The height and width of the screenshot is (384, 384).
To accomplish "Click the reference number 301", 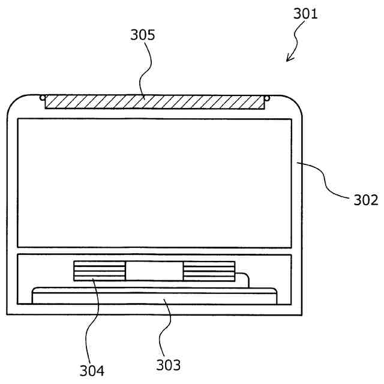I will pyautogui.click(x=306, y=13).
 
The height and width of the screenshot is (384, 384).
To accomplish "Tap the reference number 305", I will pyautogui.click(x=143, y=35).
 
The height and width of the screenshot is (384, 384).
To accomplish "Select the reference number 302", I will pyautogui.click(x=366, y=199).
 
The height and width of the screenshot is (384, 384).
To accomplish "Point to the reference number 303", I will pyautogui.click(x=168, y=364).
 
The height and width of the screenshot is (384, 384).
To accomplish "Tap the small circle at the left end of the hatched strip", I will pyautogui.click(x=42, y=97).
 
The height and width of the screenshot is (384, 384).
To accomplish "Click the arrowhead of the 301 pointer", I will pyautogui.click(x=289, y=58).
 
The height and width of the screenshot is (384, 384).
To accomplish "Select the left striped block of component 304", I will pyautogui.click(x=99, y=271).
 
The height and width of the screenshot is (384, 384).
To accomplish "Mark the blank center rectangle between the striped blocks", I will pyautogui.click(x=154, y=271).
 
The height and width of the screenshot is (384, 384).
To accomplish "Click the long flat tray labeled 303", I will pyautogui.click(x=155, y=296).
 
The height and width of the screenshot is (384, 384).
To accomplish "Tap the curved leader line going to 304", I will pyautogui.click(x=88, y=318).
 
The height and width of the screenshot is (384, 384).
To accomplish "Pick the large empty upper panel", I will pyautogui.click(x=154, y=182).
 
